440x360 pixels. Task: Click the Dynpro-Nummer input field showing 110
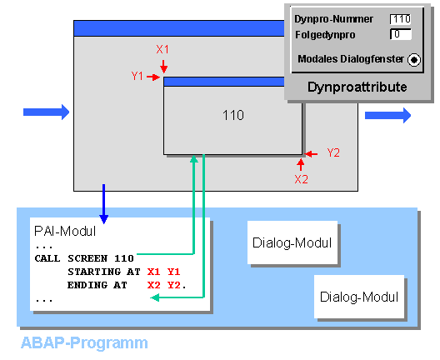pos(401,19)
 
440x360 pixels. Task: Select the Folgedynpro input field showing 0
pos(401,34)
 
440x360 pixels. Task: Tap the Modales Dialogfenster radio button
pos(414,60)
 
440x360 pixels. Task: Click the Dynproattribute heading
pos(357,87)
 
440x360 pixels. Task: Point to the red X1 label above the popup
pos(162,50)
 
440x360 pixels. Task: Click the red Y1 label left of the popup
pos(137,76)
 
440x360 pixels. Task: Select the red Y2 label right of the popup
pos(333,153)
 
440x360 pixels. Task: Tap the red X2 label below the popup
pos(301,179)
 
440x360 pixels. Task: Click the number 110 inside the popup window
pos(233,115)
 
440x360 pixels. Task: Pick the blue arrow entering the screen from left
pos(47,112)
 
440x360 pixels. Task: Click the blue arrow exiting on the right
pos(387,115)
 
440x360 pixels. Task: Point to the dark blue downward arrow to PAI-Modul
pos(104,204)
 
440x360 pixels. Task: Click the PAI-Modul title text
pos(65,232)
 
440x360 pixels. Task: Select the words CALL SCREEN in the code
pos(71,258)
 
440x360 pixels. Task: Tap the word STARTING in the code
pos(94,272)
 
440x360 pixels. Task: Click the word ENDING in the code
pos(87,285)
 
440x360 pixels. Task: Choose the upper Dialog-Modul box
pos(292,242)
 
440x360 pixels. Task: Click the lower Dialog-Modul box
pos(359,297)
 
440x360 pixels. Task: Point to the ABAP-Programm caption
pos(84,342)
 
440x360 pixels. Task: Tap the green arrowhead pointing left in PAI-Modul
pos(155,297)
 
